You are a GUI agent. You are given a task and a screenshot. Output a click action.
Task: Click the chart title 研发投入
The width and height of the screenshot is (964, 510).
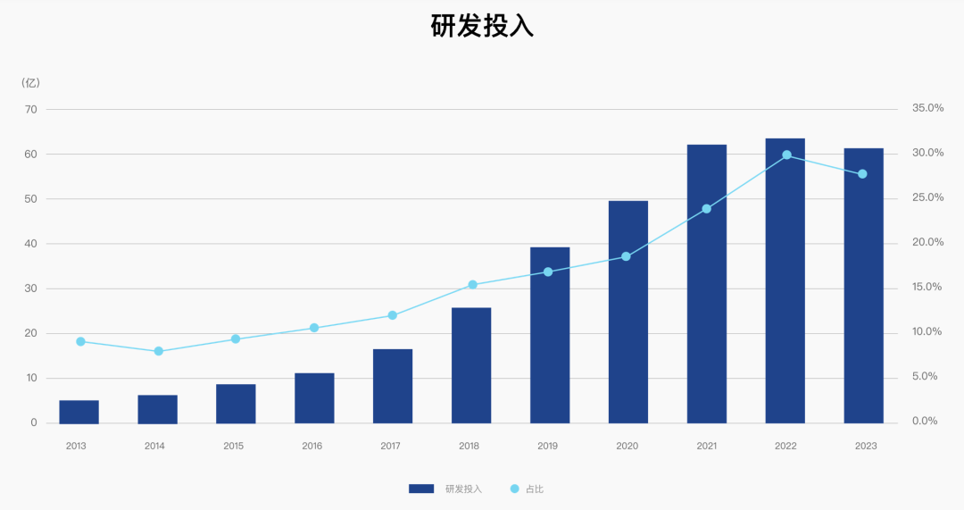482,27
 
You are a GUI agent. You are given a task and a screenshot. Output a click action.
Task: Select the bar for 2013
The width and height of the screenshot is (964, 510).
79,412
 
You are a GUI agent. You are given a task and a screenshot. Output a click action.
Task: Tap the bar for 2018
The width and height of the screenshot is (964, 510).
471,365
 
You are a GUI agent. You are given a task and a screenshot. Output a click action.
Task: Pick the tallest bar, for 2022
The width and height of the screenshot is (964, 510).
785,280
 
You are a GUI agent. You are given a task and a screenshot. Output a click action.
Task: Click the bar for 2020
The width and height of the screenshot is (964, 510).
628,312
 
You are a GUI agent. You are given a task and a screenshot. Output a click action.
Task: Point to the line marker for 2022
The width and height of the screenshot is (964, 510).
786,155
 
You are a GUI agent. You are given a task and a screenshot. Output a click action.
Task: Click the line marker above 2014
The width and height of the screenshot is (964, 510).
159,351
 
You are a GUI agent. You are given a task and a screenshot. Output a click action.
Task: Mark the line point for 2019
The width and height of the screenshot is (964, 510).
548,272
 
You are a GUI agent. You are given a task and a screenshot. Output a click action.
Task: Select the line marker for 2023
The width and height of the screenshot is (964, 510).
862,174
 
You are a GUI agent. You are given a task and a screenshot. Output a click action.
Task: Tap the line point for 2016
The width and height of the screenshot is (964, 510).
314,328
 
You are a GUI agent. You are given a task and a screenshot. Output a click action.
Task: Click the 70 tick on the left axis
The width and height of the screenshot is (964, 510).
31,109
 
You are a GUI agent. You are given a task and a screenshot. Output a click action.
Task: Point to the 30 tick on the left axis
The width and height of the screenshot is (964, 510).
31,288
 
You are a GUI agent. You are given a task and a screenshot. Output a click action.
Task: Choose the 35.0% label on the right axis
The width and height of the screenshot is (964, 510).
927,108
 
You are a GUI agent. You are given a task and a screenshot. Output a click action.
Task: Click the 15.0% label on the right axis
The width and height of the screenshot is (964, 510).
927,288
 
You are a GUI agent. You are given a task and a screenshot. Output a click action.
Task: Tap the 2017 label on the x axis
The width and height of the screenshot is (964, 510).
390,446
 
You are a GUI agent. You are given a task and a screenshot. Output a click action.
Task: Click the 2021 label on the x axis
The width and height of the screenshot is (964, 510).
706,446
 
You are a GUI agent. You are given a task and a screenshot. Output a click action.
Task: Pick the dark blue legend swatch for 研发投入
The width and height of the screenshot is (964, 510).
421,489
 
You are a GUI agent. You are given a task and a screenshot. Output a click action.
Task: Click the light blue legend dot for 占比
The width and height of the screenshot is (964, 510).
514,489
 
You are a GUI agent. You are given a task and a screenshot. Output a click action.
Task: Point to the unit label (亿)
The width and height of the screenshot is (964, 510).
31,83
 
